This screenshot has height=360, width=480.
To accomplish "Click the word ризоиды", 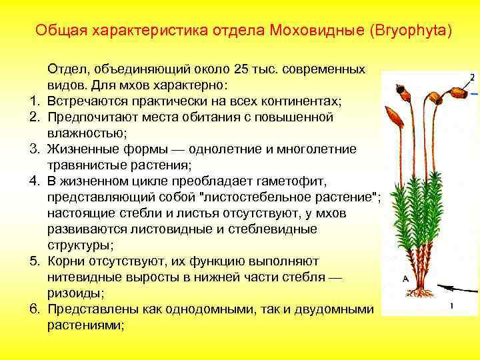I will point(75,293).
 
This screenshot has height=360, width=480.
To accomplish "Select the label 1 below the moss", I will point(451,306).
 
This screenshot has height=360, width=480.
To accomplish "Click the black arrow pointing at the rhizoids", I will point(460,289).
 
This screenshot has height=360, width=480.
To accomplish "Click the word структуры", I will point(79,245).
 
